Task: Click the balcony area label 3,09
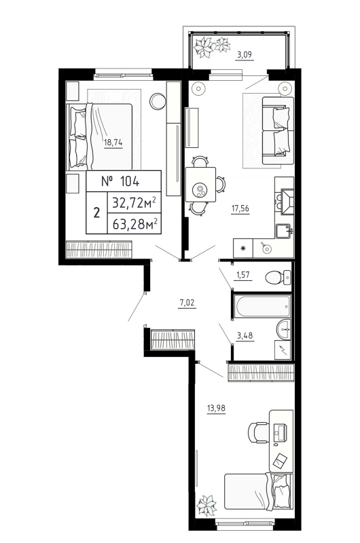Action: click(x=245, y=56)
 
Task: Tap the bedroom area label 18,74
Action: click(x=113, y=143)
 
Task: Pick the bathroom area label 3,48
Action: click(x=245, y=335)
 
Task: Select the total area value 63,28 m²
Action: click(x=134, y=223)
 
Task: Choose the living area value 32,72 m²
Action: click(x=134, y=202)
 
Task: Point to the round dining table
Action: click(x=201, y=188)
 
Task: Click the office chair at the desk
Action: click(x=257, y=432)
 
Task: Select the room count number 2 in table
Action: click(x=96, y=212)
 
